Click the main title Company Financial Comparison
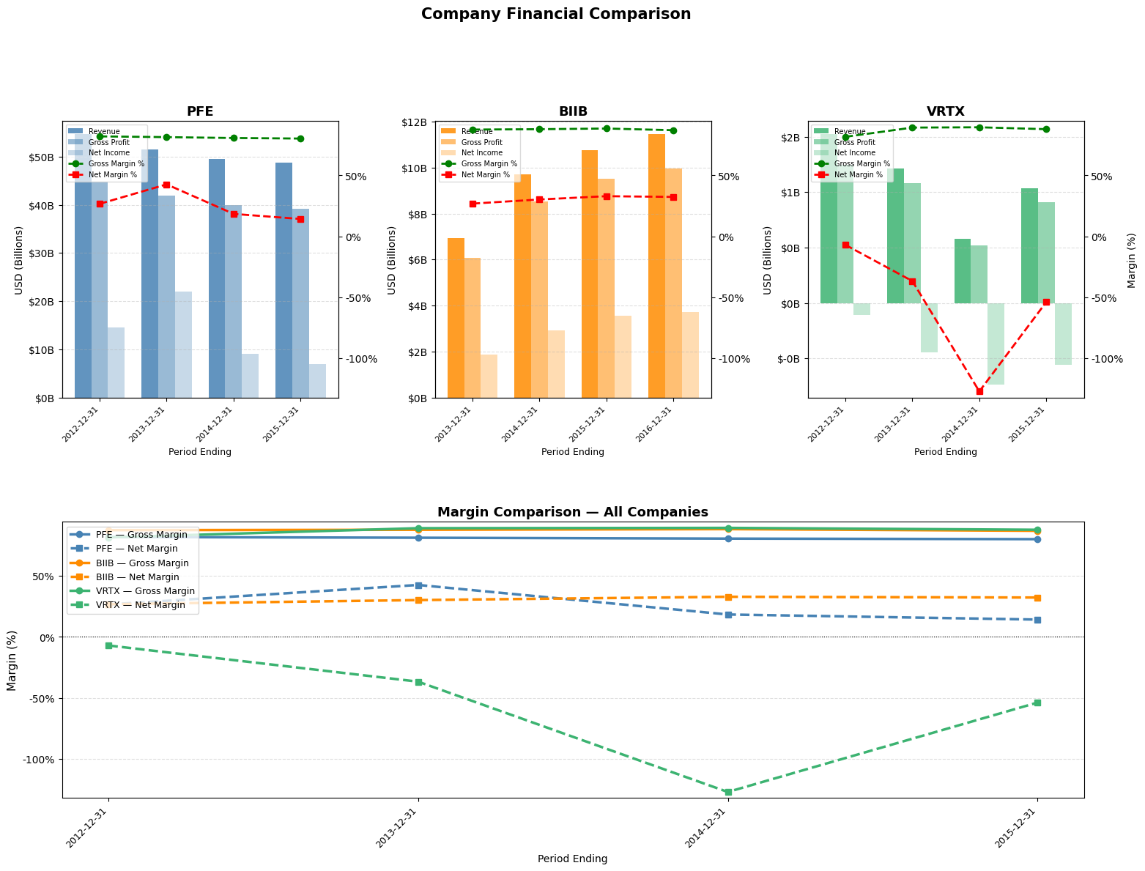coord(555,14)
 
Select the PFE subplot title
coord(200,111)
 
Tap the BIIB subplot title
coord(573,111)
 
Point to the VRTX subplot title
coord(946,111)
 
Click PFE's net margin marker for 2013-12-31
coord(166,185)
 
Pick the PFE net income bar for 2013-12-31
coord(183,344)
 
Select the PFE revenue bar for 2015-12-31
coord(284,280)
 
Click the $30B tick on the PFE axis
coord(40,253)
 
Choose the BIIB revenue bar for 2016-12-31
coord(656,265)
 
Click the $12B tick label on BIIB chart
coord(415,122)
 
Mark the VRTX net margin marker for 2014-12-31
coord(979,391)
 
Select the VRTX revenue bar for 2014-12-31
coord(962,271)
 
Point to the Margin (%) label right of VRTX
coord(1131,260)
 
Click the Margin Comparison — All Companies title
coord(572,512)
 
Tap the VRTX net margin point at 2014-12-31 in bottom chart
coord(728,792)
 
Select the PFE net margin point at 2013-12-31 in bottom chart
coord(418,585)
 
